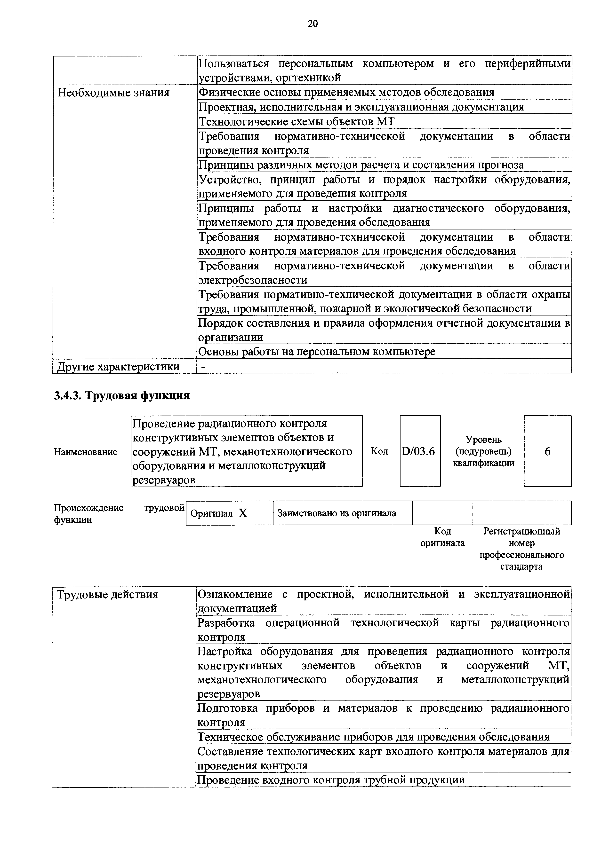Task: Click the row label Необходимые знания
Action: click(x=113, y=93)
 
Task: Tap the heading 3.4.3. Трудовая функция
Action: click(x=122, y=395)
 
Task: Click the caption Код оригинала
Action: click(x=442, y=537)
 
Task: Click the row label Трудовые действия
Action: click(x=107, y=595)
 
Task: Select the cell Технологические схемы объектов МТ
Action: click(x=296, y=121)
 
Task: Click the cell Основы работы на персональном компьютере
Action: click(x=317, y=351)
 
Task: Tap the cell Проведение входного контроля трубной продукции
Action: click(x=331, y=780)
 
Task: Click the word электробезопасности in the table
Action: click(x=253, y=280)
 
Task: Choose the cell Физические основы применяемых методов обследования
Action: click(x=346, y=93)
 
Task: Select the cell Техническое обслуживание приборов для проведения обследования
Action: click(x=373, y=737)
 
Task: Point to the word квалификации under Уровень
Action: click(x=484, y=463)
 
